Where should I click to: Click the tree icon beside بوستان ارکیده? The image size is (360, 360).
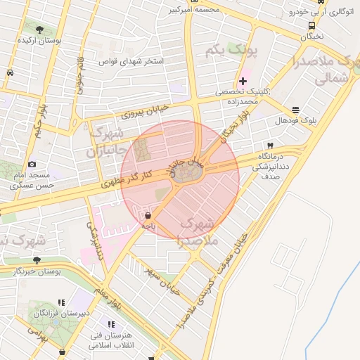click(39, 30)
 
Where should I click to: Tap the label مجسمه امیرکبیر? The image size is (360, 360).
click(195, 10)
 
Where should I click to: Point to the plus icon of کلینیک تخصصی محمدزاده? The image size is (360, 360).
click(243, 82)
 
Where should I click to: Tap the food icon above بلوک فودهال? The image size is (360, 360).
click(295, 110)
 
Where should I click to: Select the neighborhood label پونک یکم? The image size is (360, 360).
click(233, 51)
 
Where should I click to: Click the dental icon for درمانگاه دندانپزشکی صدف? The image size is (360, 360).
click(269, 146)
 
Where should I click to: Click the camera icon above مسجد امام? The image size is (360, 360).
click(32, 164)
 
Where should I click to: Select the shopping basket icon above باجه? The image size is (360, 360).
click(147, 215)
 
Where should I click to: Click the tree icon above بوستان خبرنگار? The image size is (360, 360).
click(27, 260)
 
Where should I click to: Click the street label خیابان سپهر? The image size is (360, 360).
click(163, 280)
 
